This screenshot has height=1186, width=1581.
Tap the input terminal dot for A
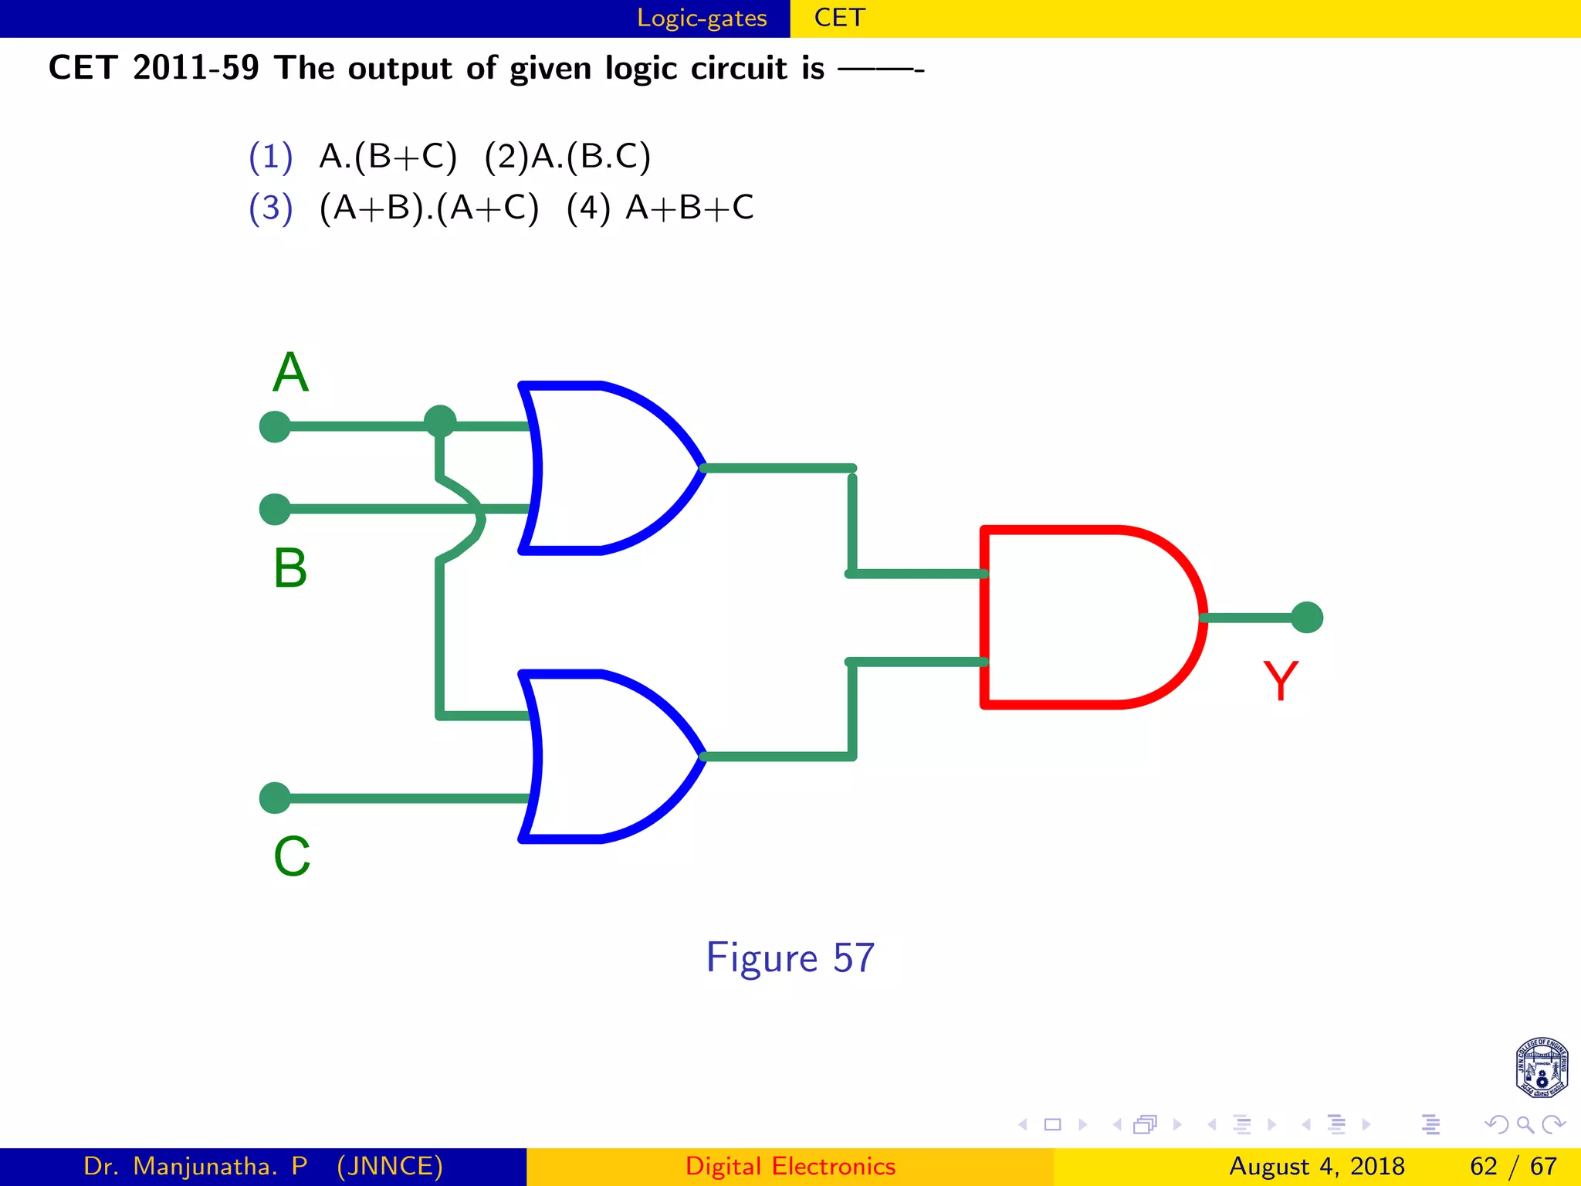tap(275, 426)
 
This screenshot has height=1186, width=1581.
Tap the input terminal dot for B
tap(275, 510)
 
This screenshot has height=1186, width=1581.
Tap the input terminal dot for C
tap(275, 798)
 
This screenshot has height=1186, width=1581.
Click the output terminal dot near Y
tap(1307, 618)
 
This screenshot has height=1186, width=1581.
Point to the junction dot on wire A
tap(440, 422)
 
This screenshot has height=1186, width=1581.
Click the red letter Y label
tap(1280, 681)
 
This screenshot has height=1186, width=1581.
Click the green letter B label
tap(290, 568)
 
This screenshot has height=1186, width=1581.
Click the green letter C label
tap(292, 856)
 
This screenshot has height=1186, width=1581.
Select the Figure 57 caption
tap(790, 958)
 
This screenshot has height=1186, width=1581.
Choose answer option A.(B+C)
tap(388, 157)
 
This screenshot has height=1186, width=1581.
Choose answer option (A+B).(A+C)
tap(428, 208)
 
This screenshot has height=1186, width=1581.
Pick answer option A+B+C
tap(689, 208)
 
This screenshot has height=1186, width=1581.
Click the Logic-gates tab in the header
tap(702, 18)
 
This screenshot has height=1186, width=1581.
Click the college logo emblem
tap(1541, 1068)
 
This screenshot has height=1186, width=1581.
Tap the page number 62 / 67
tap(1513, 1166)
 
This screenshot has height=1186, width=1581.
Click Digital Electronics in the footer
tap(790, 1166)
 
